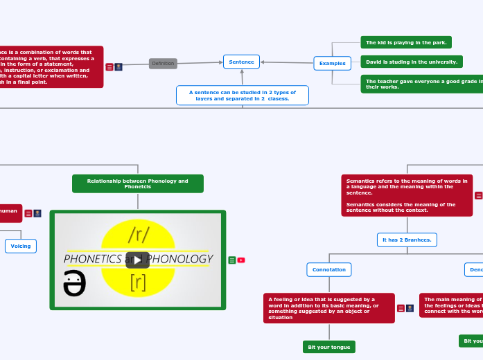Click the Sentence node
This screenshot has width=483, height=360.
point(241,62)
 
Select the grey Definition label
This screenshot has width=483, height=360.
point(163,64)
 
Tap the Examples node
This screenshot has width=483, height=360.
point(332,63)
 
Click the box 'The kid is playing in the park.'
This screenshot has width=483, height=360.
point(406,42)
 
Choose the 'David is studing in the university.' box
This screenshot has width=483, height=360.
point(412,62)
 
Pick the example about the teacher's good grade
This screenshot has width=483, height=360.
point(422,84)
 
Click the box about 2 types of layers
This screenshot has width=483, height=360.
point(242,95)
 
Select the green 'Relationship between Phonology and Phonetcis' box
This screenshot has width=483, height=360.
point(137,183)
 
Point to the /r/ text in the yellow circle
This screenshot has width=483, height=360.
point(139,234)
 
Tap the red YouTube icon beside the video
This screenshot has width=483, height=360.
point(241,260)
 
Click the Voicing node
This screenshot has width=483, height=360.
point(21,246)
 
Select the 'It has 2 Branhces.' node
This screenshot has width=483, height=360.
point(407,240)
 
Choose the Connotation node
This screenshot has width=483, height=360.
point(329,269)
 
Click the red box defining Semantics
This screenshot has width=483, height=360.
point(407,195)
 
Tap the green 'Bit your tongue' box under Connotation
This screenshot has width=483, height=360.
point(329,347)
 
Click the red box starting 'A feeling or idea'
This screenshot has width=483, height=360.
point(328,308)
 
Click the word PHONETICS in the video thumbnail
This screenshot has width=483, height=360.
point(93,259)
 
